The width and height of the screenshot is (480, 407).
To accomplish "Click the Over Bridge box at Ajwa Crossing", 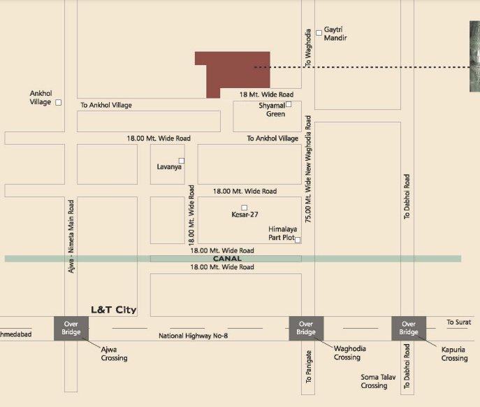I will pos(70,328).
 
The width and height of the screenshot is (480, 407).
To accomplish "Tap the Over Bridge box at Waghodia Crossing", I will pos(305,328).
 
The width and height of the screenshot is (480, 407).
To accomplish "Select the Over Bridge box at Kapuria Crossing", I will pos(408,328).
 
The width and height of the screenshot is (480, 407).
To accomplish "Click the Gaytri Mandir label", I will pos(335,34).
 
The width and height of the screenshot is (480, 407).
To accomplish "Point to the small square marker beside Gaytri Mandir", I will pos(319,31).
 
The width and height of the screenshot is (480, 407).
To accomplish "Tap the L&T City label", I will pos(114,310).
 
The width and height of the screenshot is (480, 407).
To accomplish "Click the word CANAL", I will pos(226,259).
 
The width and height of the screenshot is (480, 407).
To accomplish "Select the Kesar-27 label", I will pos(245,215).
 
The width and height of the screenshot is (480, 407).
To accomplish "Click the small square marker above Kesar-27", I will pos(245,207).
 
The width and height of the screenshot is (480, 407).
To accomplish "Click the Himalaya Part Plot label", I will pos(282,234).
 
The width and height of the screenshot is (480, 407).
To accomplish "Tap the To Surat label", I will pos(458,322).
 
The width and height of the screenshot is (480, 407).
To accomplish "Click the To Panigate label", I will pos(309,366).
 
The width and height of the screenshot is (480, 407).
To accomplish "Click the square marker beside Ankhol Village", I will pos(59,102).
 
